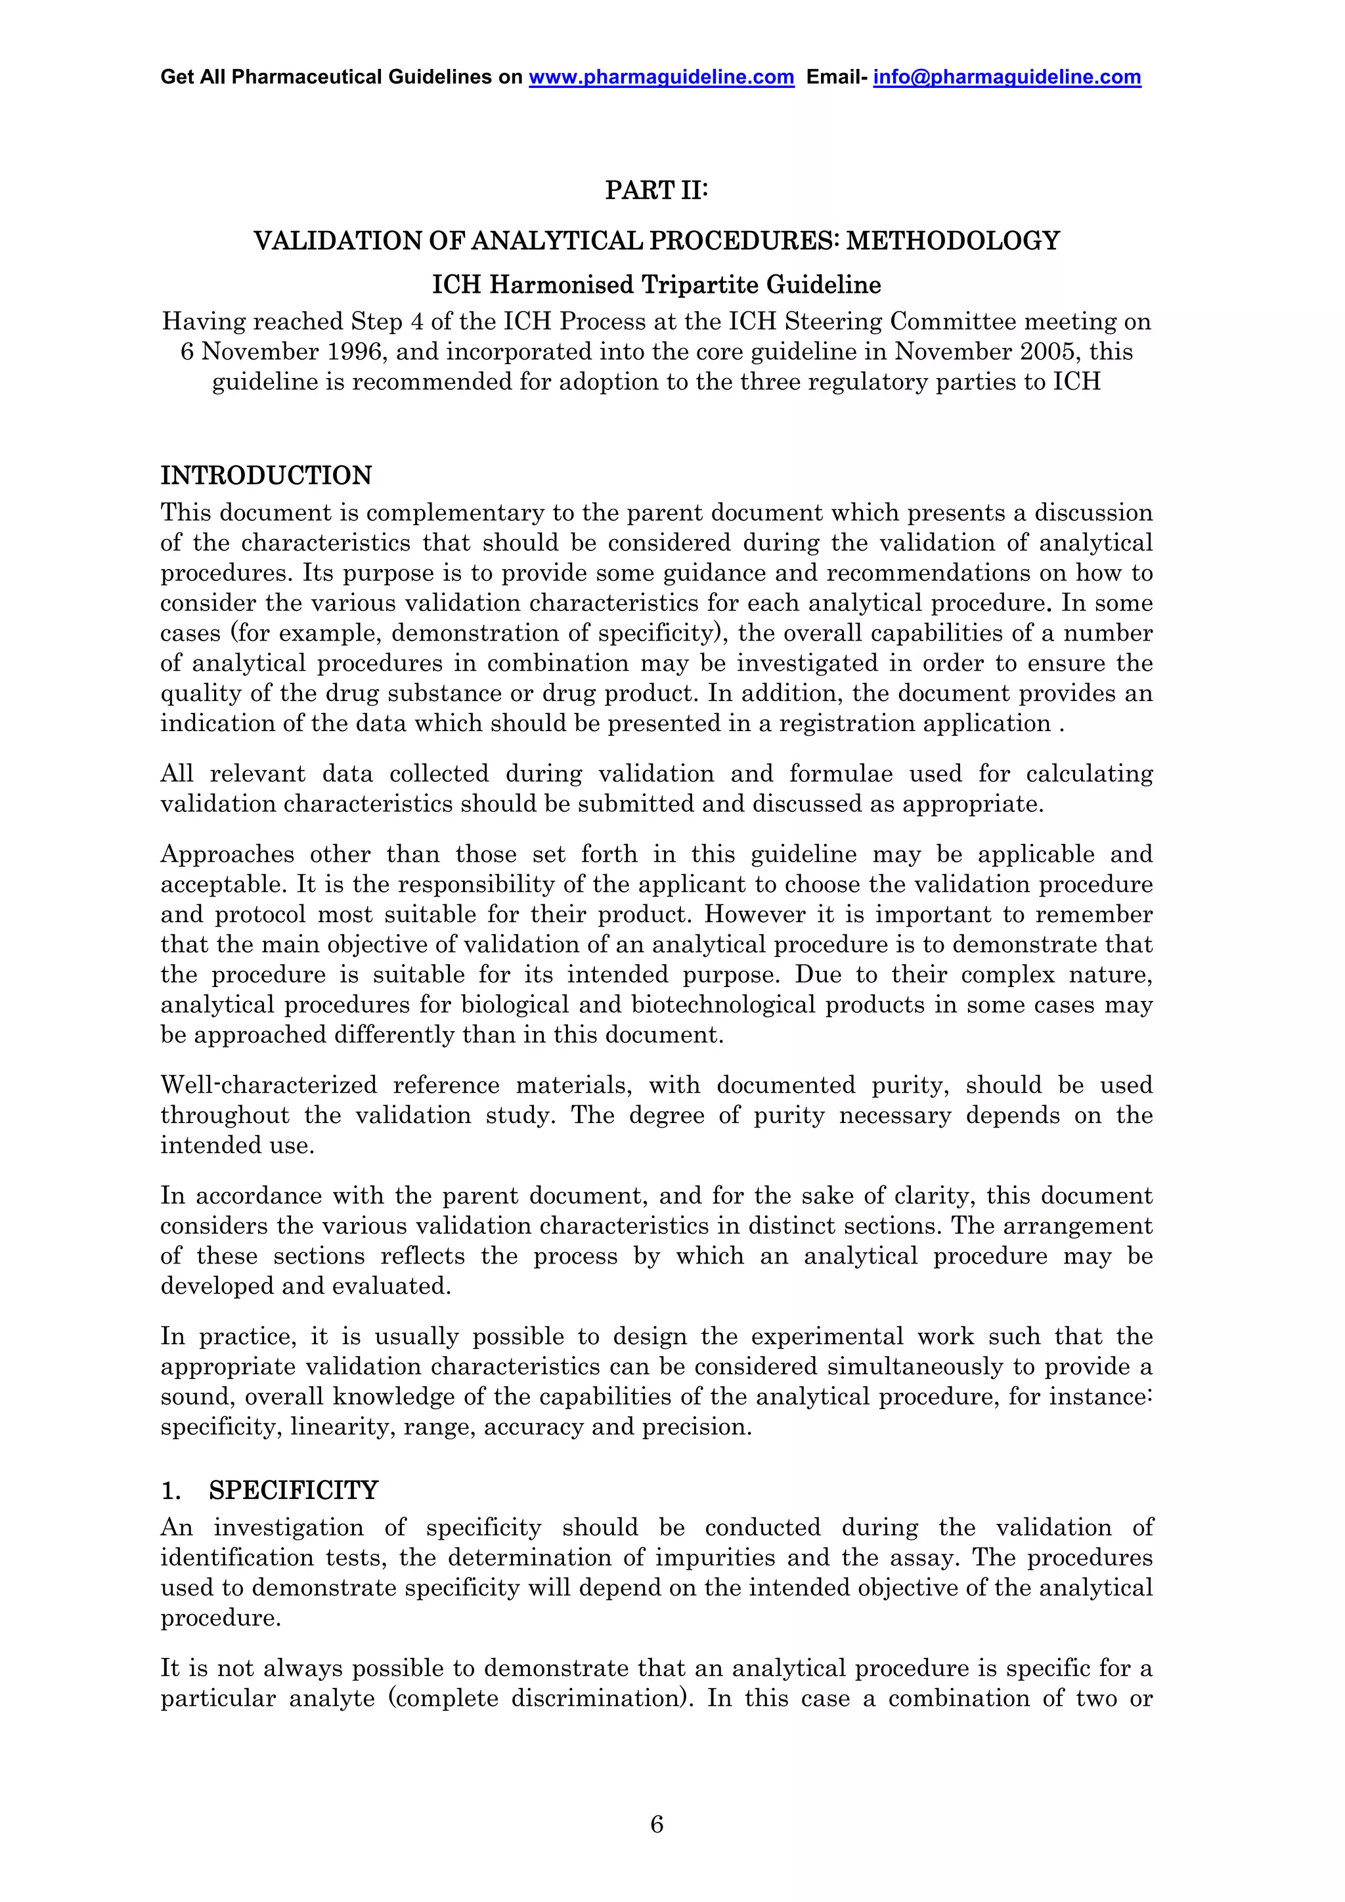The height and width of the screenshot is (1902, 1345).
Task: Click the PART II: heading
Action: pyautogui.click(x=656, y=190)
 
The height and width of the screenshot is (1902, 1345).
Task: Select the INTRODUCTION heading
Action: pyautogui.click(x=266, y=475)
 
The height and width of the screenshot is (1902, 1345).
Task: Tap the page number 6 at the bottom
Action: pyautogui.click(x=656, y=1823)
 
